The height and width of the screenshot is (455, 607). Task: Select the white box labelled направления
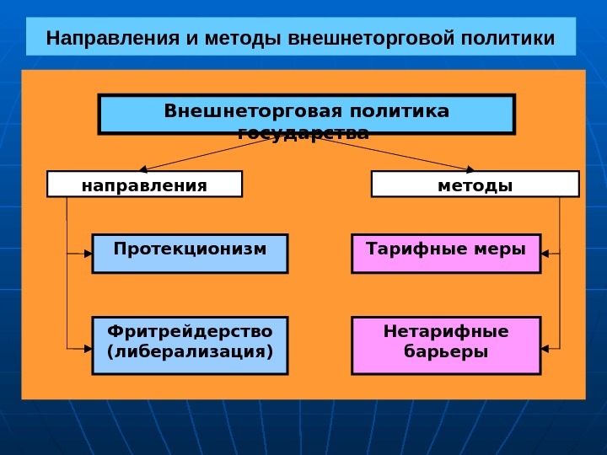144,185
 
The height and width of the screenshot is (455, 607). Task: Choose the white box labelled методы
475,185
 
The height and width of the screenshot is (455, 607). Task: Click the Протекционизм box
190,253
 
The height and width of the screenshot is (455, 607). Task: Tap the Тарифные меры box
446,253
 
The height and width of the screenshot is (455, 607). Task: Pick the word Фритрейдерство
190,332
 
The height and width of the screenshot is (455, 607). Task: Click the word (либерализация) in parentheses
190,351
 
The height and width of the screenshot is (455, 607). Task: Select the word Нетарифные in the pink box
446,332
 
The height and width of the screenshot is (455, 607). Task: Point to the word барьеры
446,351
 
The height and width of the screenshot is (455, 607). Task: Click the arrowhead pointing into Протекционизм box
87,253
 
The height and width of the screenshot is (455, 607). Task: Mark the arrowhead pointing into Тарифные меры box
546,253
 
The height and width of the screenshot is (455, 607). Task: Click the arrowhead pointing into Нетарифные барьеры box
546,347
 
